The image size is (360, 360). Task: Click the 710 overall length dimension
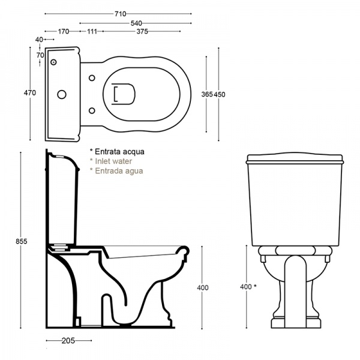(x=121, y=14)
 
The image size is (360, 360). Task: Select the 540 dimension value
(x=136, y=23)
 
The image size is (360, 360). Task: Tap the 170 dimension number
(x=64, y=31)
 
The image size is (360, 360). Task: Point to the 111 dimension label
(x=92, y=31)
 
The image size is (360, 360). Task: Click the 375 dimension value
(x=142, y=31)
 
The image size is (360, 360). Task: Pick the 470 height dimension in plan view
(x=30, y=93)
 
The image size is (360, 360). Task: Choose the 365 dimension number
(x=207, y=94)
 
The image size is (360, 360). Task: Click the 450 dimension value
(x=220, y=94)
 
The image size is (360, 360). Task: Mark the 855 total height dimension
(x=22, y=241)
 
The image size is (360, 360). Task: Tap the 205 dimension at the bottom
(x=68, y=341)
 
